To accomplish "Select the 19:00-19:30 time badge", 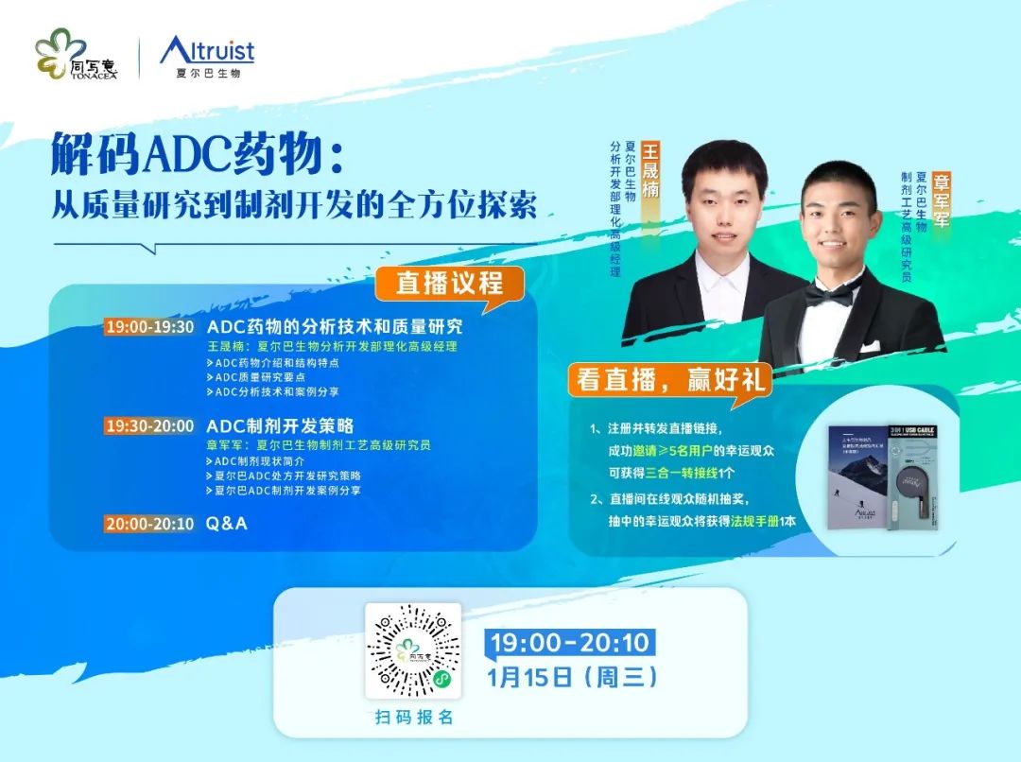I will [150, 327].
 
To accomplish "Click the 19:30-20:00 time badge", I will [150, 426].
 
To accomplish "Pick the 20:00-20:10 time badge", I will [150, 523].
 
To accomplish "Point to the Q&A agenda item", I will [227, 523].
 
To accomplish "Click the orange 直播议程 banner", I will [449, 282].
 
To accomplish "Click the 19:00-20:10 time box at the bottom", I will [570, 643].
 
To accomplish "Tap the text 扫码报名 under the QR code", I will [413, 718].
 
